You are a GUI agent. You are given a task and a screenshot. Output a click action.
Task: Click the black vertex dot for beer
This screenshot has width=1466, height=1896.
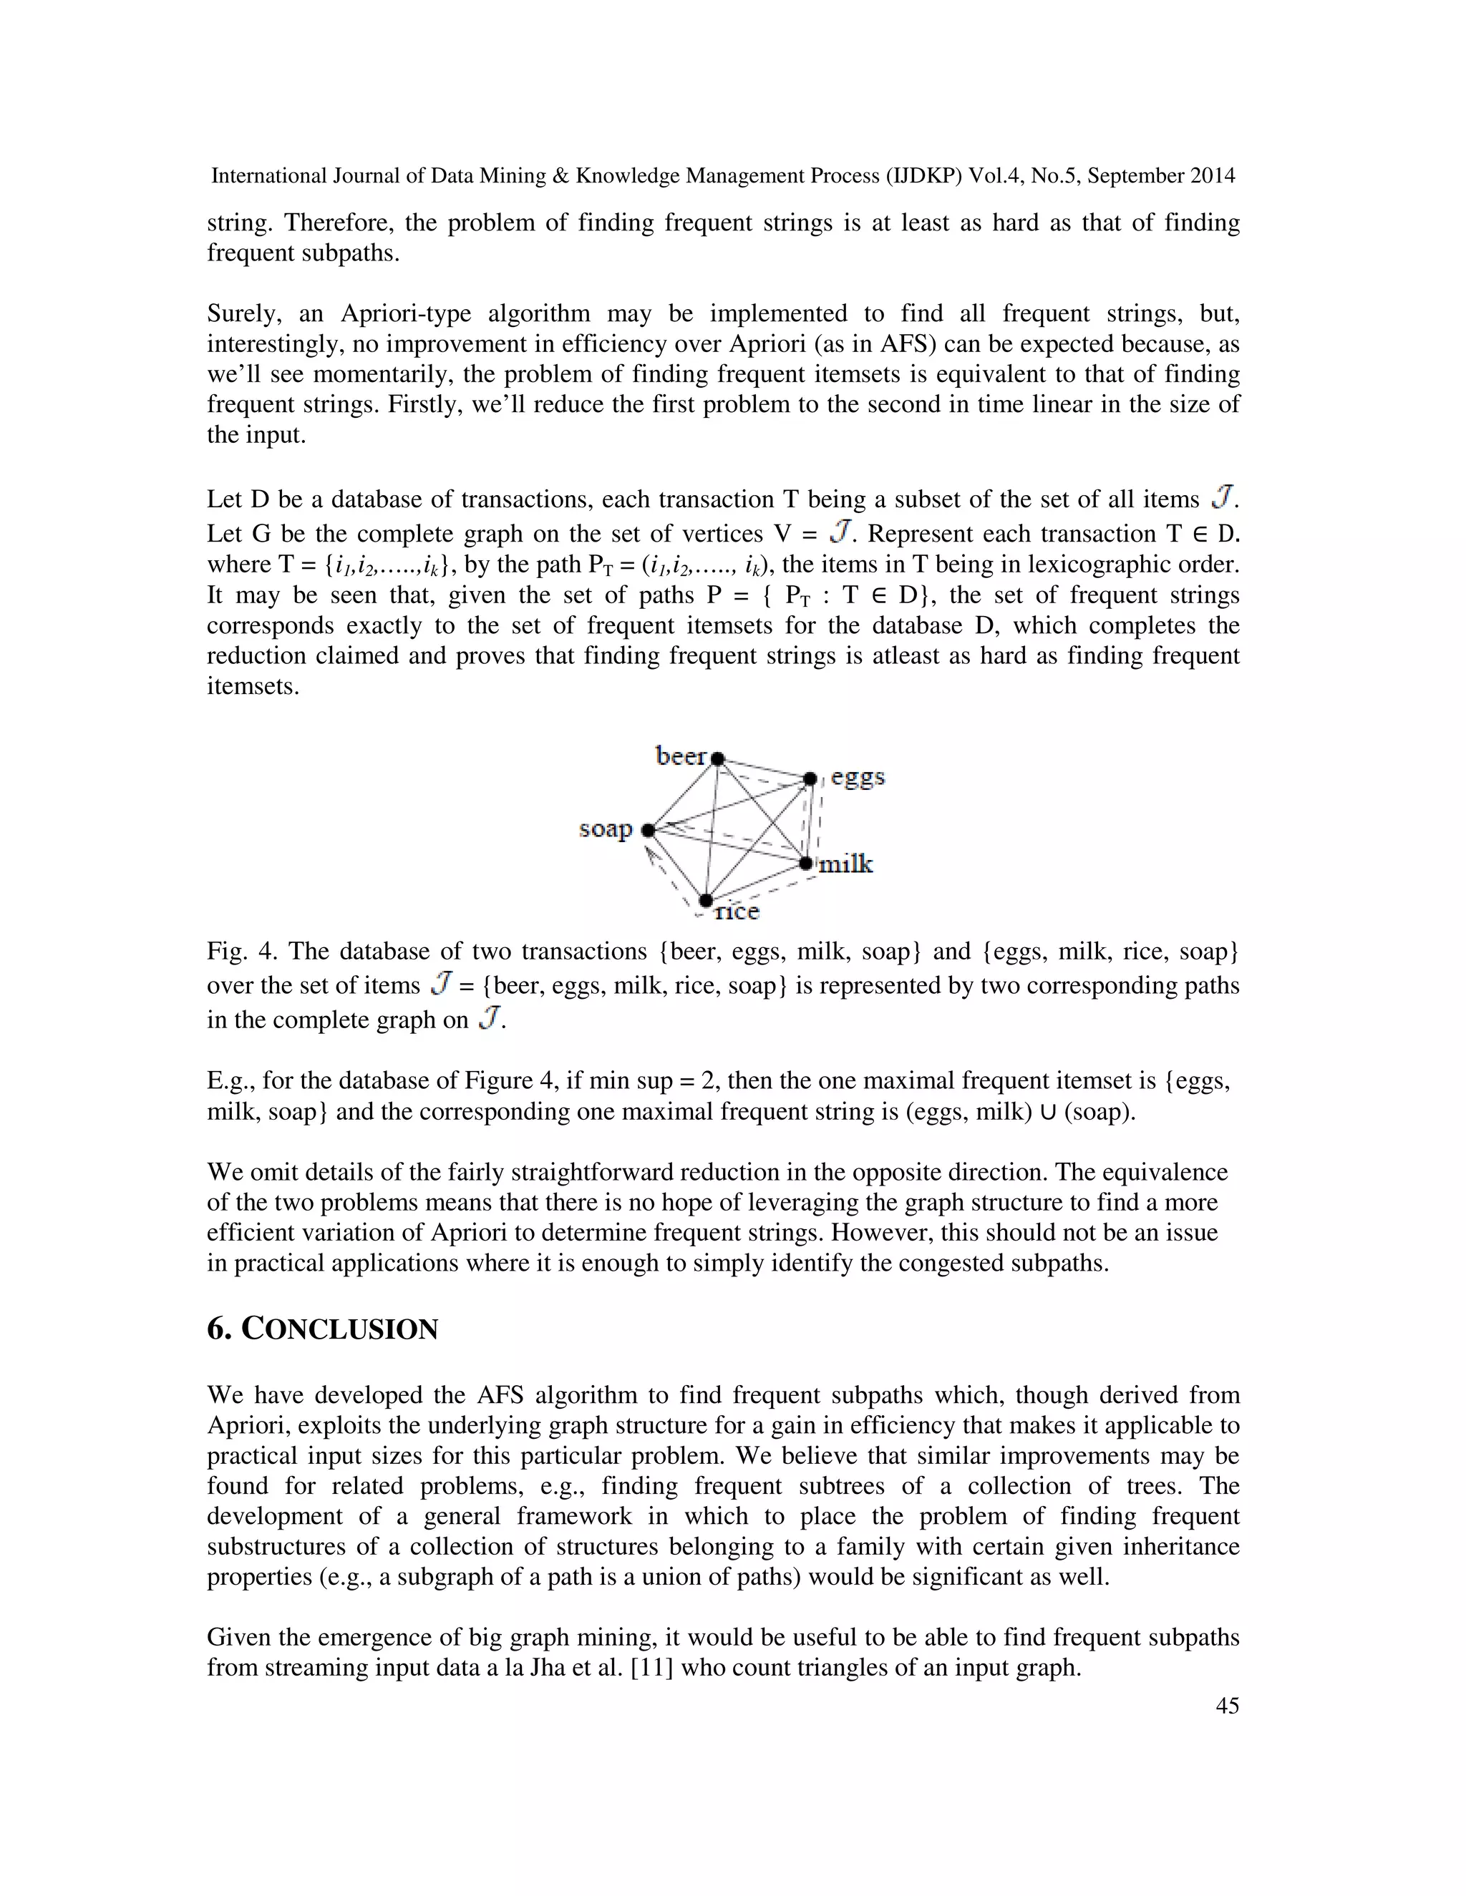click(x=717, y=758)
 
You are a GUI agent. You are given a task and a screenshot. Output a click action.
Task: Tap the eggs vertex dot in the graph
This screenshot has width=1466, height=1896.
click(x=810, y=778)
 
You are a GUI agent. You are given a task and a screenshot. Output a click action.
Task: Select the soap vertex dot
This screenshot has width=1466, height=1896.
click(x=648, y=831)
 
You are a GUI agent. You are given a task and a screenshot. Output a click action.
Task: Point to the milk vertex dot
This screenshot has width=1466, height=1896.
click(x=806, y=863)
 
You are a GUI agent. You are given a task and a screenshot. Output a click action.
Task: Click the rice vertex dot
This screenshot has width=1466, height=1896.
click(x=706, y=901)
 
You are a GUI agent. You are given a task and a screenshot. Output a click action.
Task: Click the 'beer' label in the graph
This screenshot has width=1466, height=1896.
click(x=681, y=756)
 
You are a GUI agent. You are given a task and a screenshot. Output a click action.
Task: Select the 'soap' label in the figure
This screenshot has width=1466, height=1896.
click(x=606, y=829)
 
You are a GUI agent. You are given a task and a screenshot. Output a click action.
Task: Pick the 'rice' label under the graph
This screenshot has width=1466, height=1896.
click(x=737, y=912)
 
